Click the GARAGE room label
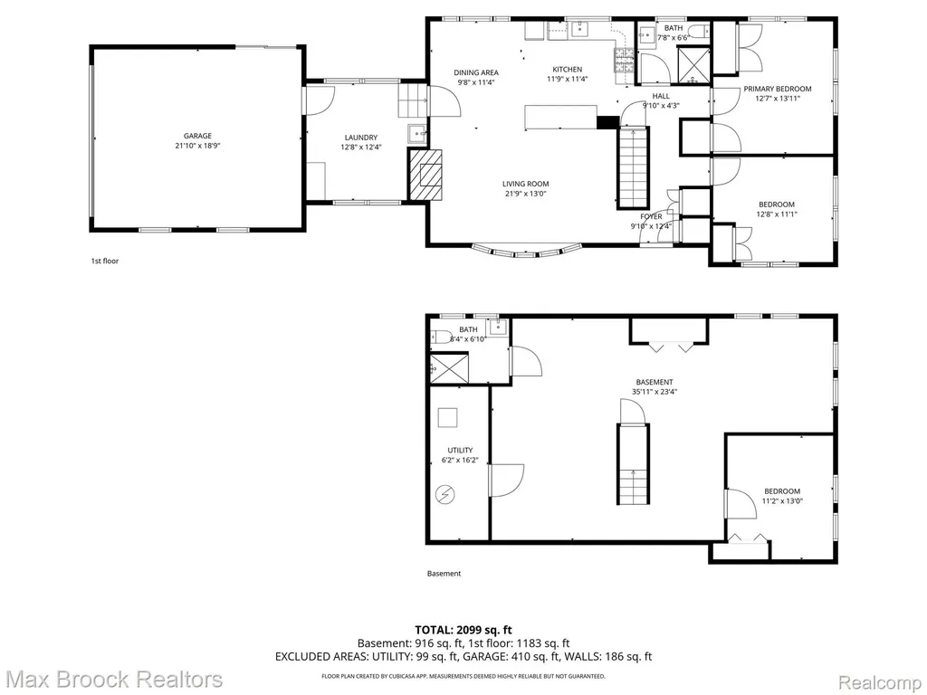pos(197,136)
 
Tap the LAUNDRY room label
pos(360,138)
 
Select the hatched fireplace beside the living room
pos(425,175)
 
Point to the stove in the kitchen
pos(624,60)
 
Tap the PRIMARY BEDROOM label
pos(778,90)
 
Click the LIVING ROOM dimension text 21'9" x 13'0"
pos(526,194)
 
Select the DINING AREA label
pos(476,72)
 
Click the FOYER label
pos(651,216)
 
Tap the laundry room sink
pos(416,134)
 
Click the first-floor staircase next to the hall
pos(634,167)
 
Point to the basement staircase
pos(634,464)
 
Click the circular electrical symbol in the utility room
pos(445,494)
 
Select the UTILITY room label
pos(460,451)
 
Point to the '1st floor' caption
pos(105,261)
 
